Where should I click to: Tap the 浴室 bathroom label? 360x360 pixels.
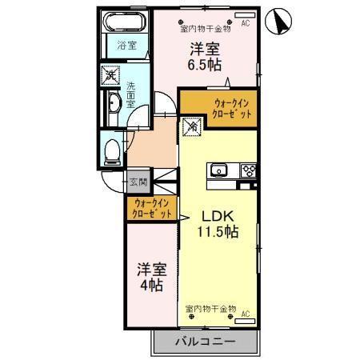[x=126, y=46]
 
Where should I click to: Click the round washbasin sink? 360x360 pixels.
[x=111, y=103]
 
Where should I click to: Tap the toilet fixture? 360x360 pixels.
[x=111, y=148]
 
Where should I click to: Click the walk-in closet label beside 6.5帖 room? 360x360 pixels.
[x=234, y=108]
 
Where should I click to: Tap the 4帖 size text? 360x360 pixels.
[x=148, y=286]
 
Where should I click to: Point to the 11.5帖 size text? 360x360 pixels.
[x=218, y=232]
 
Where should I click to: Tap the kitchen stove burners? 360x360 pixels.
[x=248, y=170]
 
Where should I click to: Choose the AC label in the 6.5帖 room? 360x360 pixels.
[x=244, y=25]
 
